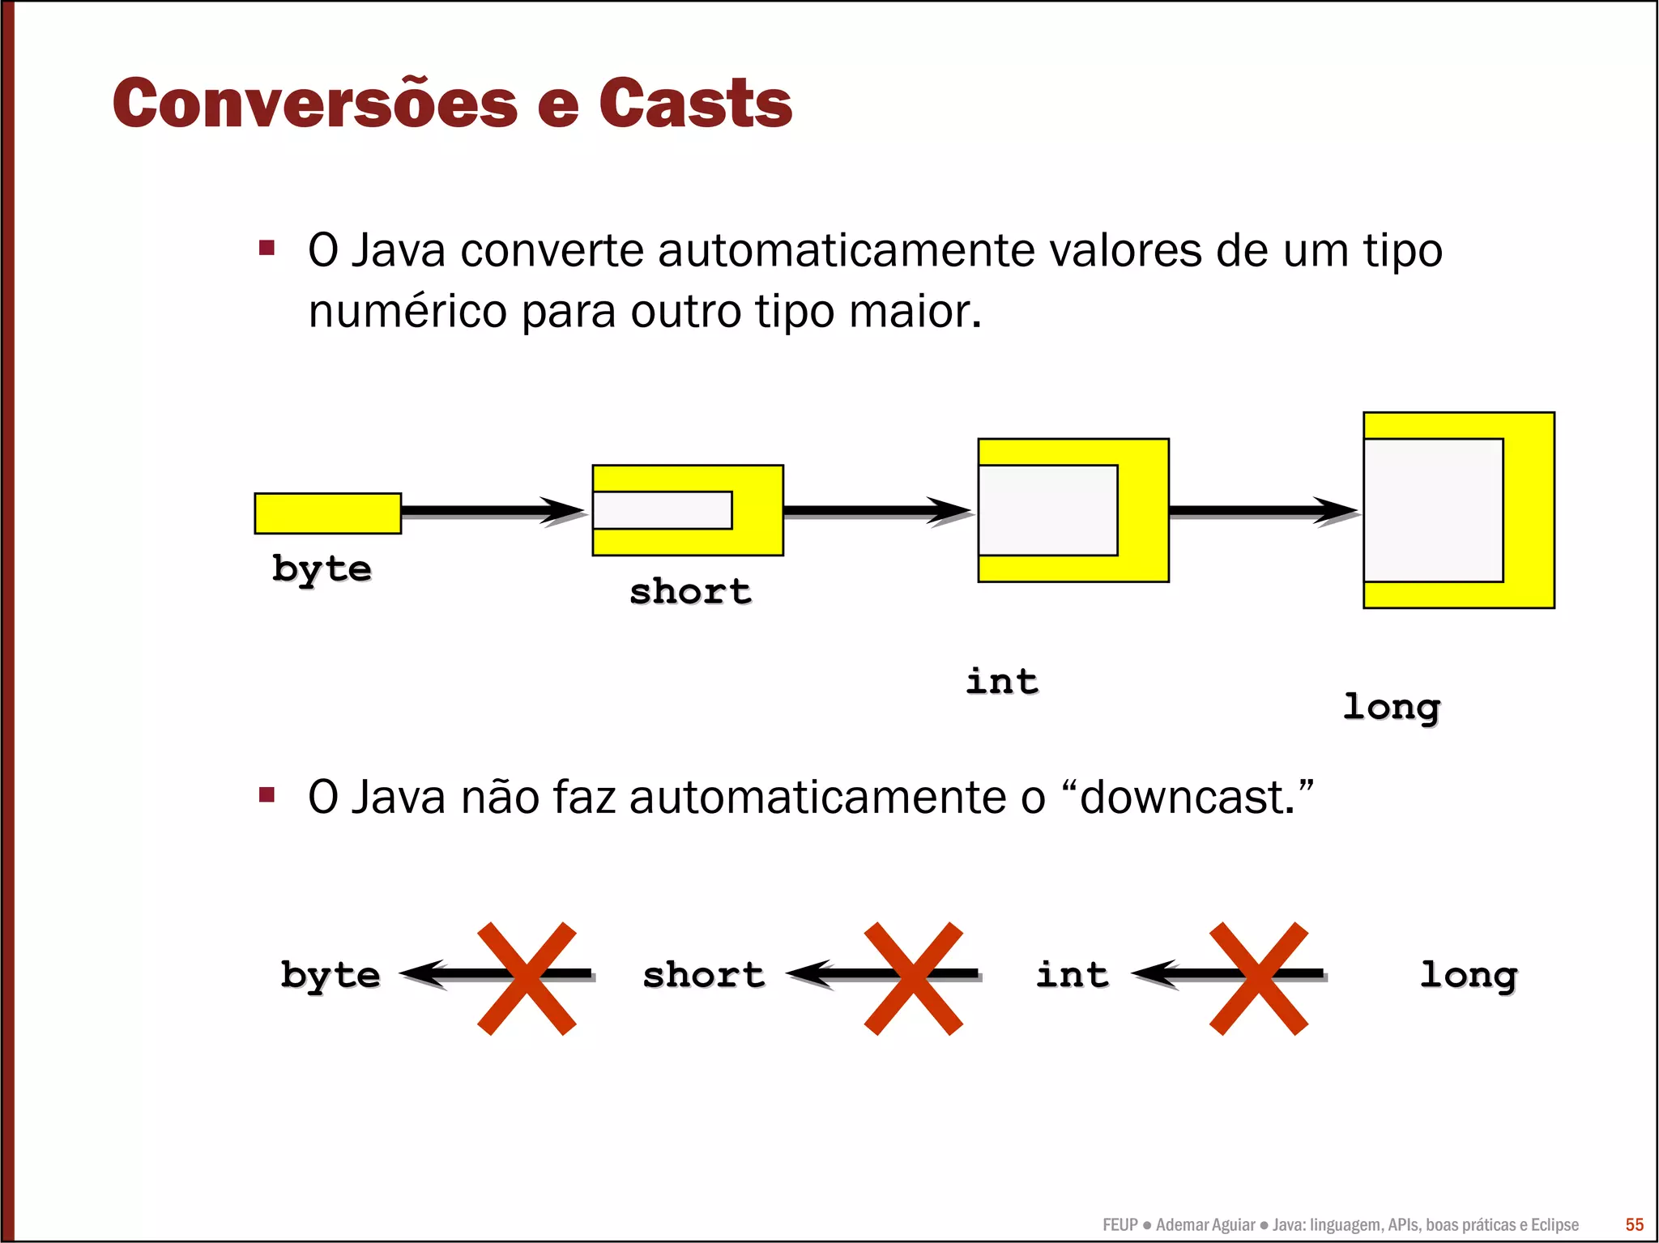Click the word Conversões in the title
coord(314,104)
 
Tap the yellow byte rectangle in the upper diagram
coord(327,513)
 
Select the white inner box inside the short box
coord(662,510)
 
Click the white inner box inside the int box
coord(1047,510)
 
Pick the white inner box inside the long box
coord(1432,510)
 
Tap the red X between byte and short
coord(527,978)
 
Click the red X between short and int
coord(913,978)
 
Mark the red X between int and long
coord(1258,978)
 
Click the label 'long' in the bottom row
coord(1468,976)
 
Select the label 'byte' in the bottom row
coord(331,976)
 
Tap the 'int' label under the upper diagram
coord(1002,682)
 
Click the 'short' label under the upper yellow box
coord(690,592)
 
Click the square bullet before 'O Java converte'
coord(267,248)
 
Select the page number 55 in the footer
coord(1634,1225)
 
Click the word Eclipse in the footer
coord(1555,1225)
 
